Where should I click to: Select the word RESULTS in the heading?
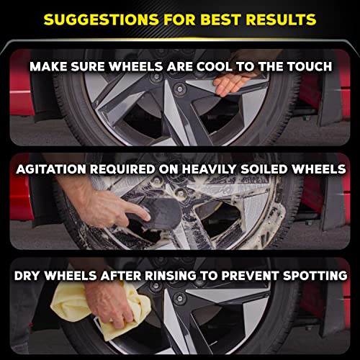[x=287, y=17]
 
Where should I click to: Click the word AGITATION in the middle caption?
[x=55, y=170]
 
